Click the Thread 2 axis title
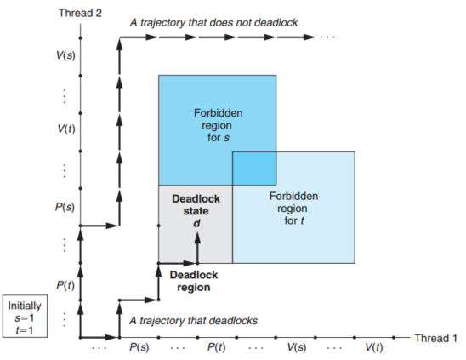tap(80, 13)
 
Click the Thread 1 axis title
tap(435, 338)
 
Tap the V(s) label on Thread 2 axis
tap(65, 55)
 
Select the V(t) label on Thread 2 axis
tap(66, 129)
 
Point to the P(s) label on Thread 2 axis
tap(65, 207)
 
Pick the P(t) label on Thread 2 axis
tap(65, 285)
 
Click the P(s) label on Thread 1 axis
tap(139, 347)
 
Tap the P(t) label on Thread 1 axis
tap(216, 347)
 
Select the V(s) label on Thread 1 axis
tap(297, 347)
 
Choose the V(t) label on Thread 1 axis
tap(374, 347)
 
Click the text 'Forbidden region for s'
tap(219, 125)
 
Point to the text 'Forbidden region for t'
tap(293, 209)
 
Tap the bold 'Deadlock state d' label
tap(196, 211)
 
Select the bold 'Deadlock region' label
tap(194, 281)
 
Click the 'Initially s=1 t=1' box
tap(25, 317)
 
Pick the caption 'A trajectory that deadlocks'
tap(194, 321)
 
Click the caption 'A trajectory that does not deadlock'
tap(214, 23)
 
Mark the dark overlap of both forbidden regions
tap(254, 169)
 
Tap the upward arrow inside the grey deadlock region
tap(197, 248)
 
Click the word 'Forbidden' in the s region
tap(219, 113)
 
